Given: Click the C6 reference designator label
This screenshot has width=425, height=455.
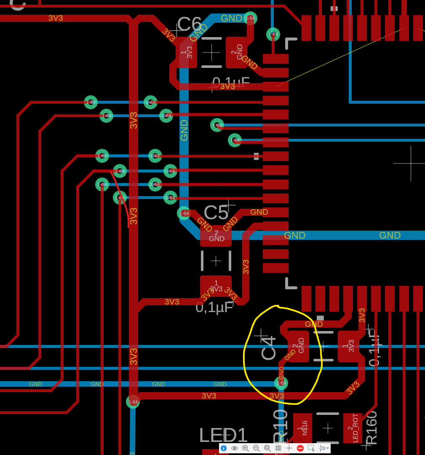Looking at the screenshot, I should click(189, 24).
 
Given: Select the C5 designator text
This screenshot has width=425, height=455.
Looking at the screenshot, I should click(216, 213).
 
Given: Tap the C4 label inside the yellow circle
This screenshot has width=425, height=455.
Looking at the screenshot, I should click(268, 348).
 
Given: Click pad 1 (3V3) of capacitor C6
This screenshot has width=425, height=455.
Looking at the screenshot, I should click(186, 53).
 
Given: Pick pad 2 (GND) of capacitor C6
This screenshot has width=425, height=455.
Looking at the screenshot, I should click(236, 52).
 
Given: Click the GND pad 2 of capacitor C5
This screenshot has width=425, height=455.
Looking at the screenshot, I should click(216, 236).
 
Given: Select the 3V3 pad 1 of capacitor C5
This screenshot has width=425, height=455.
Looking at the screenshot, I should click(216, 286).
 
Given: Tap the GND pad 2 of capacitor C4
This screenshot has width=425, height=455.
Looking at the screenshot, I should click(299, 346).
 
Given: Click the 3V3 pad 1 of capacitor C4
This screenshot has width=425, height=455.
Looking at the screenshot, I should click(348, 346).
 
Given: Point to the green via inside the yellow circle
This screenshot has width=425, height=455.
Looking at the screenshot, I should click(281, 383).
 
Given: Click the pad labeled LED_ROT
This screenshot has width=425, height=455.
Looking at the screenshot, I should click(353, 428).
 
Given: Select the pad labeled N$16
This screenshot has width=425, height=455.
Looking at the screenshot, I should click(302, 428).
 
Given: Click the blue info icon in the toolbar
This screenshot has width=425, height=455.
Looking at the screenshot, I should click(224, 448).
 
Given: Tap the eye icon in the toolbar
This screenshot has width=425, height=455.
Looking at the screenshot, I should click(235, 448).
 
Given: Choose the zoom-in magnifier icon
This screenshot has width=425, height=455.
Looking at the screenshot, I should click(246, 448).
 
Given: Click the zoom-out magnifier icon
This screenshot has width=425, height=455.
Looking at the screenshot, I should click(256, 448).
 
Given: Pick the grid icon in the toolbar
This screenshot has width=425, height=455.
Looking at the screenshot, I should click(278, 448).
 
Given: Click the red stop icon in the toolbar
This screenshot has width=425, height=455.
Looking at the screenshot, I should click(300, 448).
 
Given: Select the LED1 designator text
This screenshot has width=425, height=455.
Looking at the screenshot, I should click(223, 435).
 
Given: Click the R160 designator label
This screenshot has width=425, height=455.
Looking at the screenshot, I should click(372, 428).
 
